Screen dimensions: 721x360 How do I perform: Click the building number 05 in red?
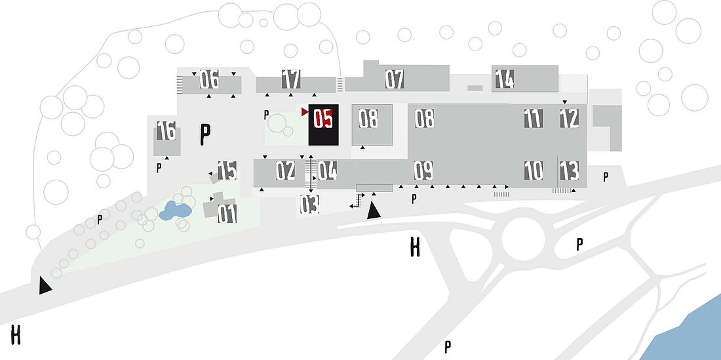coord(322,119)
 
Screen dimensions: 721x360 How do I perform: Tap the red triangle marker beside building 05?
coord(304,111)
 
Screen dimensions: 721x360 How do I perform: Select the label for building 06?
coord(209,79)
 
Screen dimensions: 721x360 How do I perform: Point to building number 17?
coord(291,79)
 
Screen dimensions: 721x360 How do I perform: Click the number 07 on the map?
coord(395,79)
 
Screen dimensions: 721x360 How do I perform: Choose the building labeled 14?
coord(505,79)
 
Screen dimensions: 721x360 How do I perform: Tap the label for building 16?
coord(166,130)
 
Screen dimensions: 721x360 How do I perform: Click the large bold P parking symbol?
coord(205,134)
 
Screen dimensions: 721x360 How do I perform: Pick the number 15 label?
coord(227,170)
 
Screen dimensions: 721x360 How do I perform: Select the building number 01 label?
coord(227,214)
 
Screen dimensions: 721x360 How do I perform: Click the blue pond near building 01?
coord(175,210)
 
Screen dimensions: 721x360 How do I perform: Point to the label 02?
coord(286,170)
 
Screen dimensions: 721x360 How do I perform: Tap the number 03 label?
coord(309,204)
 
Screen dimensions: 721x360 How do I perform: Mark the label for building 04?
coord(327,170)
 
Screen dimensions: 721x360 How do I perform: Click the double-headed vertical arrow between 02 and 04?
coord(311,174)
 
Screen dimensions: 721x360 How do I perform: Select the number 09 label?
coord(423,170)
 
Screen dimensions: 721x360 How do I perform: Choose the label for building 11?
coord(534,119)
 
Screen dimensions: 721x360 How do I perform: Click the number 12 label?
coord(569,119)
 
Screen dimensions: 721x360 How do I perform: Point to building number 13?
coord(569,170)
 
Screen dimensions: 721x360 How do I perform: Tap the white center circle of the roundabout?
coord(523,239)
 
